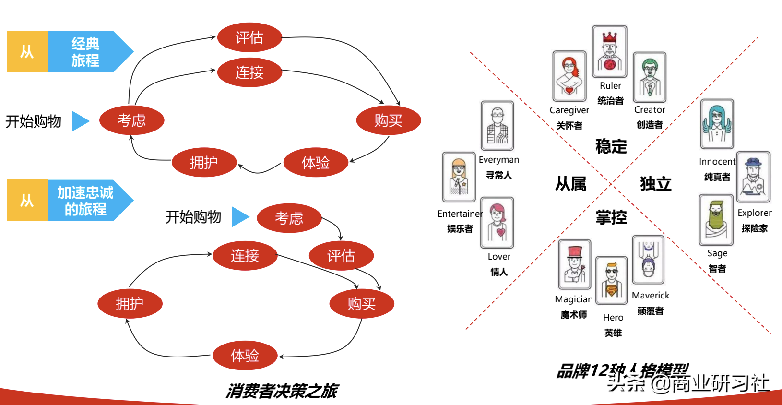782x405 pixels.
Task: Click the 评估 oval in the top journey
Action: pyautogui.click(x=249, y=37)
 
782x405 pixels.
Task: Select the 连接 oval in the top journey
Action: pyautogui.click(x=249, y=72)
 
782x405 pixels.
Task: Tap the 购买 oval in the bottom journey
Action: pyautogui.click(x=361, y=303)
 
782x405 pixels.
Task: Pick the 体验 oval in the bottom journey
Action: pyautogui.click(x=245, y=356)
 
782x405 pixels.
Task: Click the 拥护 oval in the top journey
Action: pyautogui.click(x=204, y=163)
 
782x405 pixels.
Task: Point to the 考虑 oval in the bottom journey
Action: pyautogui.click(x=289, y=218)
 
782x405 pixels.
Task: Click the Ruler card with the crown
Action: pyautogui.click(x=610, y=51)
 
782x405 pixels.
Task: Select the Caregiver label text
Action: pyautogui.click(x=569, y=110)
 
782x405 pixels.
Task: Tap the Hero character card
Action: pyautogui.click(x=612, y=280)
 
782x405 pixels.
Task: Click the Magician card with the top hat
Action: pyautogui.click(x=574, y=265)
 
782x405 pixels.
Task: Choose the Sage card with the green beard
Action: pyautogui.click(x=716, y=220)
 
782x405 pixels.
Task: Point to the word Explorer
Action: pyautogui.click(x=754, y=213)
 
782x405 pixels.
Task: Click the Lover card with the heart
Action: pyautogui.click(x=498, y=223)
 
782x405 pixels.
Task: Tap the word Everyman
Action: pyautogui.click(x=498, y=160)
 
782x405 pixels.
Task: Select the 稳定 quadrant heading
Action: pyautogui.click(x=611, y=146)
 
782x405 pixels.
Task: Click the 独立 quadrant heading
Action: pyautogui.click(x=655, y=184)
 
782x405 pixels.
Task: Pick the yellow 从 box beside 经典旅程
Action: pyautogui.click(x=27, y=52)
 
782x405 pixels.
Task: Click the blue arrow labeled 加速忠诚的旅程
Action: pyautogui.click(x=86, y=201)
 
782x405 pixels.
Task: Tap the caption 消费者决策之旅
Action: pyautogui.click(x=282, y=391)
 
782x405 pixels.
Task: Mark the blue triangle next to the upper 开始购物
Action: pyautogui.click(x=80, y=121)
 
